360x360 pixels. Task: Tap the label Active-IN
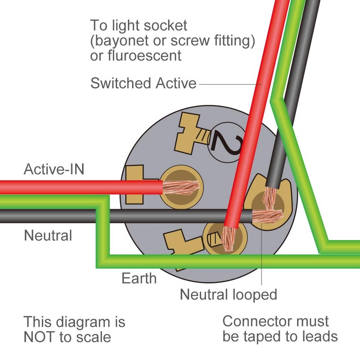point(54,170)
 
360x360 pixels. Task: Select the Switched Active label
point(144,83)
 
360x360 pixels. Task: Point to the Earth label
point(139,278)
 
